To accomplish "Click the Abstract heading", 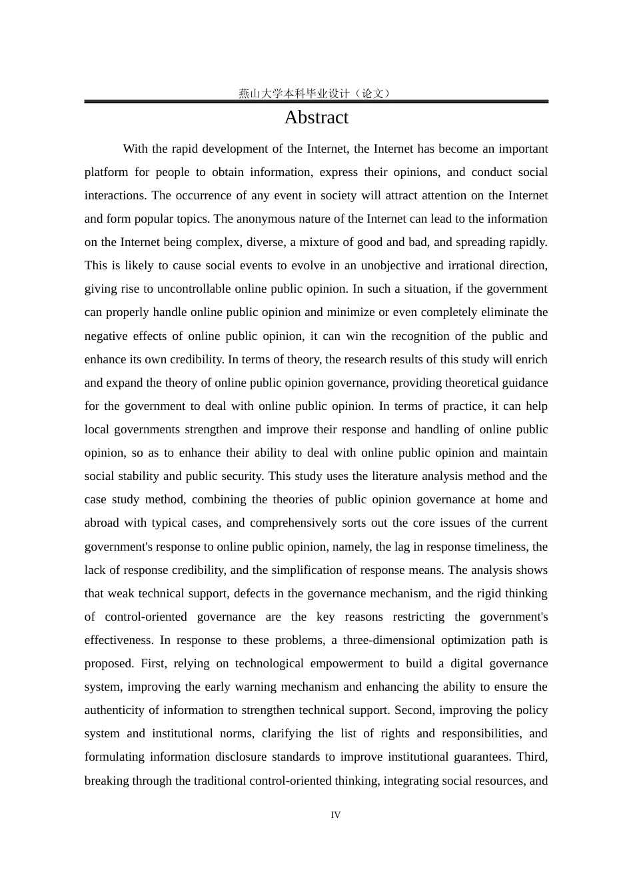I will tap(316, 117).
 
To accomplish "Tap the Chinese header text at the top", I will tap(316, 93).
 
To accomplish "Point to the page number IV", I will tap(335, 815).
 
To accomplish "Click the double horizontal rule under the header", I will tap(316, 101).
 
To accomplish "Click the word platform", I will tap(106, 172).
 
